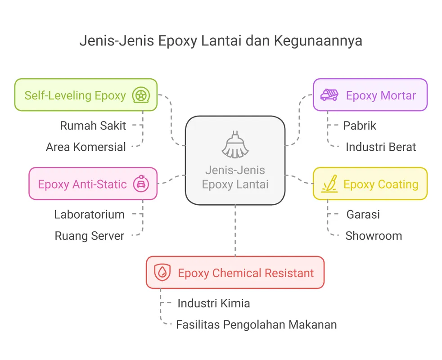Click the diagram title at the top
(221, 41)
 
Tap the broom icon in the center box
(235, 144)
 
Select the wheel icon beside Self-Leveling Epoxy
(140, 95)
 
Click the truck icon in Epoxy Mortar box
(329, 95)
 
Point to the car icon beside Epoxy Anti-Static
(141, 184)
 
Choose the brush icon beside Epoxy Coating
(329, 184)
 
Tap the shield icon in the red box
(162, 273)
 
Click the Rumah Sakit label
(93, 126)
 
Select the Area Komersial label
(86, 147)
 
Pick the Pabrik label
(359, 126)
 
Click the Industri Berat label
(380, 147)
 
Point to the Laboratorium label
(89, 214)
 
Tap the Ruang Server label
(89, 236)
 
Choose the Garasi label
(363, 214)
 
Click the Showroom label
(373, 236)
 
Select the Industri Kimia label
(213, 303)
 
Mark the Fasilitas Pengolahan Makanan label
(256, 324)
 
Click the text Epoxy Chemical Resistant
(246, 273)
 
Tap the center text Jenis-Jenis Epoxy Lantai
(235, 177)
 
